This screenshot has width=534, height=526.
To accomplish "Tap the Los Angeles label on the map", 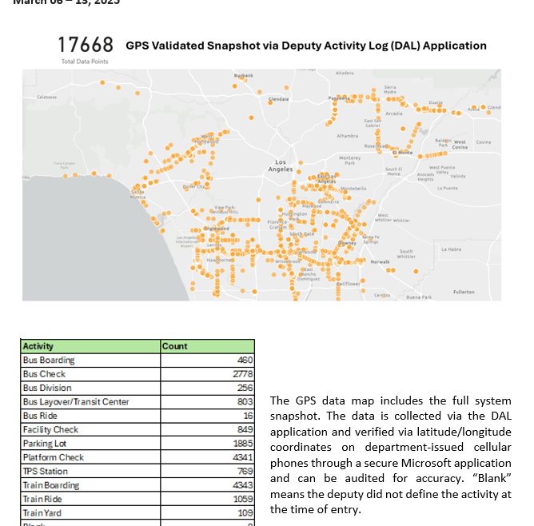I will [280, 165].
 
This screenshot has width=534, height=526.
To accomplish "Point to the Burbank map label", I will [243, 76].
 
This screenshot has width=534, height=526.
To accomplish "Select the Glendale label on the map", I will [279, 99].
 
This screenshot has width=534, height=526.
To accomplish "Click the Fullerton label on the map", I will [464, 292].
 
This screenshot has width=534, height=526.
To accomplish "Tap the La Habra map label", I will [451, 250].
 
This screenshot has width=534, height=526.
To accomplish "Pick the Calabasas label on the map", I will [46, 97].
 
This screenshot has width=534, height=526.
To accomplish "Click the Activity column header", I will [38, 346].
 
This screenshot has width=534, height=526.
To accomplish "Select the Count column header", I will [174, 346].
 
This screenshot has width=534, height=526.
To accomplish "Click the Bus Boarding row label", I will [49, 361].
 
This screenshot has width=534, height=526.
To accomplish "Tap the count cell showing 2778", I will [243, 374].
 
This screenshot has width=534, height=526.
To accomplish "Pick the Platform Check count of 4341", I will [243, 457].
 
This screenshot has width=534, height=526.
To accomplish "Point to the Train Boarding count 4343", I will [243, 485].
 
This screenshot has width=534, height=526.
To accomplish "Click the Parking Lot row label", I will [45, 444].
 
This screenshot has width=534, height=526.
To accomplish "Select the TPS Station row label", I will [46, 472].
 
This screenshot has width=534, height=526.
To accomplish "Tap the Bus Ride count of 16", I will [248, 416].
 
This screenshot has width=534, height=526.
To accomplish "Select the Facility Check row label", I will [50, 430].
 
